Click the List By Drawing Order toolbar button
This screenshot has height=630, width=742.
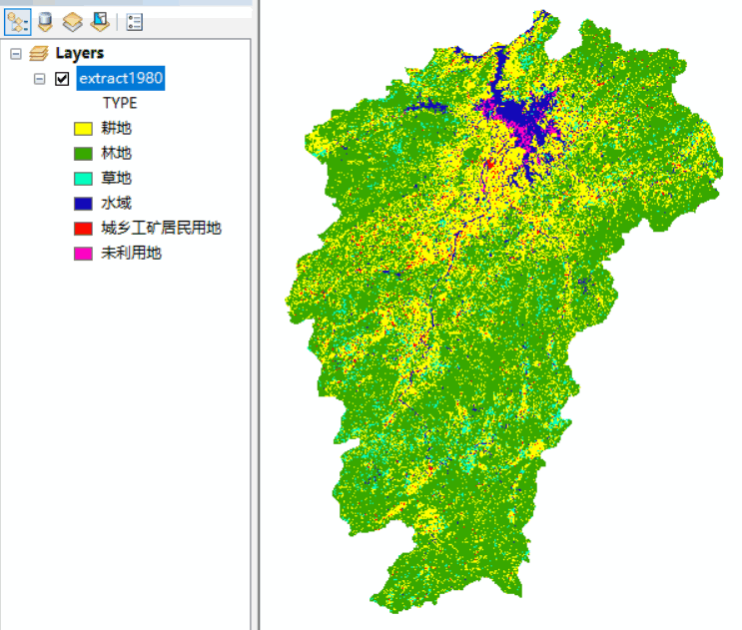18,21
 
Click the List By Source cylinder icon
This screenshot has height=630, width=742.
45,21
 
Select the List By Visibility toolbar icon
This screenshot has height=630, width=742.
72,21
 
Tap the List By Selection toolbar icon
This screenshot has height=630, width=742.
99,21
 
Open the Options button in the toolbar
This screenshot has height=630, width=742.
135,21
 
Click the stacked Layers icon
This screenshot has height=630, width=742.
38,53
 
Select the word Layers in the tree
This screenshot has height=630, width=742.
79,53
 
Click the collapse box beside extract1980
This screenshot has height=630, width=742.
40,78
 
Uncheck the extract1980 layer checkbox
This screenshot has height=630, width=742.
62,78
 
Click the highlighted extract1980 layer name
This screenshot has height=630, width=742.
121,78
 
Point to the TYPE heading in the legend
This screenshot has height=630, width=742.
120,103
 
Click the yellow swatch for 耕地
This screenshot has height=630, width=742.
84,128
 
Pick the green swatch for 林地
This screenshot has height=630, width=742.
84,153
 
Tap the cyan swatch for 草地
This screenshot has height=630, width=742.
84,178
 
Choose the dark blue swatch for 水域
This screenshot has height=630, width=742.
84,203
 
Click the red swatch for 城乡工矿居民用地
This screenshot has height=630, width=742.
84,228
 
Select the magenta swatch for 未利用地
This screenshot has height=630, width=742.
84,253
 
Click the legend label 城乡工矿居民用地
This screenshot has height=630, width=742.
161,228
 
